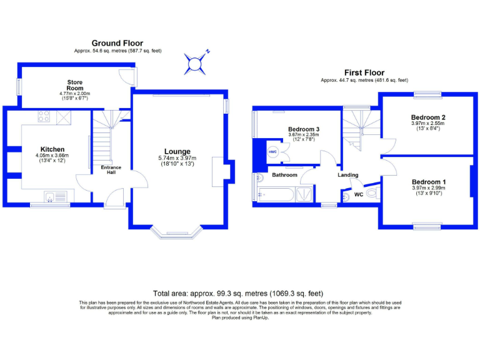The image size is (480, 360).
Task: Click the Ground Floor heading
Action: coord(117,43)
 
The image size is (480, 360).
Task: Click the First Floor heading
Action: coord(364,72)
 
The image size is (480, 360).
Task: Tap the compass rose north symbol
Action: coord(196,62)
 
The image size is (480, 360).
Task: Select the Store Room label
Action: coord(75,86)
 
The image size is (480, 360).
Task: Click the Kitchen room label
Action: coord(52,149)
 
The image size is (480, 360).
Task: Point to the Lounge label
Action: coord(177,151)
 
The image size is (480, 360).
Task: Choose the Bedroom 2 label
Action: coord(427,117)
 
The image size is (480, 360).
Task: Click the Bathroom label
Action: coord(284,175)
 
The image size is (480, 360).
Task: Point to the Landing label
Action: coord(348,175)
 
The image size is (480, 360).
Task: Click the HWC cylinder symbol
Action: coord(272,152)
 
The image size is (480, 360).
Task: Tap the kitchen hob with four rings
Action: coord(44,116)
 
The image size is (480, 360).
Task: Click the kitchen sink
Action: coord(52,197)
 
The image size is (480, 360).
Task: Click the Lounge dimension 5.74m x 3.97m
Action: coord(177,158)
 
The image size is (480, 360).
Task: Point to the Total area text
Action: coord(238,293)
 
